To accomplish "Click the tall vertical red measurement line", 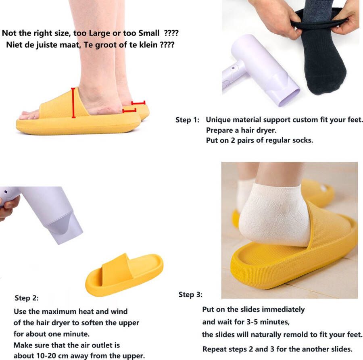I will click(x=73, y=103).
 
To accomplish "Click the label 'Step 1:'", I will click(x=188, y=120).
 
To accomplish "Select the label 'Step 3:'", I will click(x=190, y=295).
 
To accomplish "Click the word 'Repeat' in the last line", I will click(x=214, y=349).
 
